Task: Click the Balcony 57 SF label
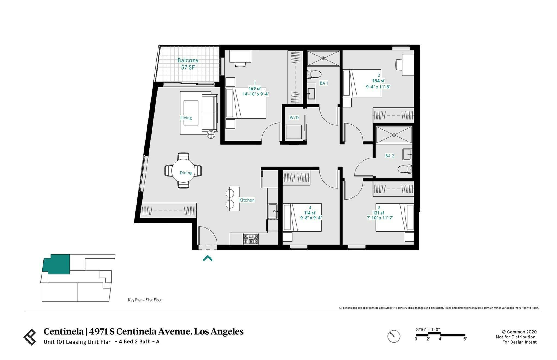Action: (188, 64)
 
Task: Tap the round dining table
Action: (183, 170)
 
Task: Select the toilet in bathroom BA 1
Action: (314, 74)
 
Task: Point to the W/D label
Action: (294, 118)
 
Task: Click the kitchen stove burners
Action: (251, 239)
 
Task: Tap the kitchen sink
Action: (272, 211)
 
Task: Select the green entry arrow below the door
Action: (208, 258)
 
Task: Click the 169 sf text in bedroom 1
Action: (254, 89)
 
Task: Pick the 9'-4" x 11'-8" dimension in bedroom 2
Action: (378, 87)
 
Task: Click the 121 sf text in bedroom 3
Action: (378, 213)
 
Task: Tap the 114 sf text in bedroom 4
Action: (310, 213)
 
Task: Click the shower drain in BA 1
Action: (323, 58)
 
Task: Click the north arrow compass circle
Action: (394, 336)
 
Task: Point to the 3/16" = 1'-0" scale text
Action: (428, 329)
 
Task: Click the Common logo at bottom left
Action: (30, 337)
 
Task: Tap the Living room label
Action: (186, 118)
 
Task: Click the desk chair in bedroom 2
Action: (399, 65)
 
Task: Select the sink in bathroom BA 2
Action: (407, 154)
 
